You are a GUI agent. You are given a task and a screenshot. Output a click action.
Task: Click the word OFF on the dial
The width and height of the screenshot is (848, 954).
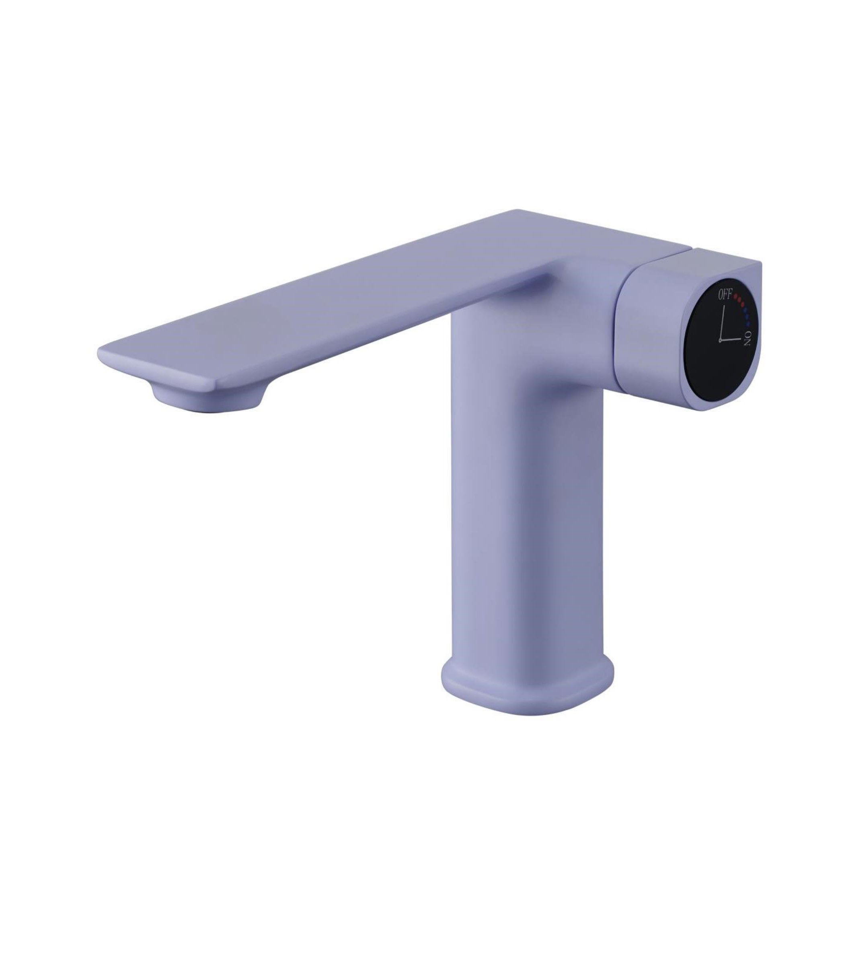pyautogui.click(x=725, y=294)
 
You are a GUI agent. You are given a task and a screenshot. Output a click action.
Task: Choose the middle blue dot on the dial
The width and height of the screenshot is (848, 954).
pyautogui.click(x=748, y=316)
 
